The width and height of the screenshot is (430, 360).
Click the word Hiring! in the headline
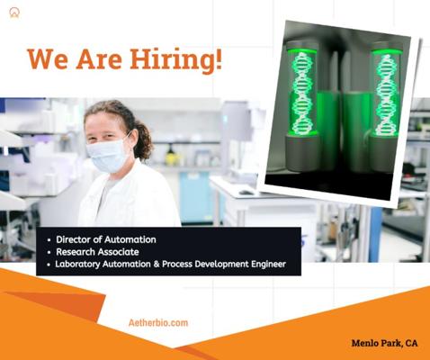pyautogui.click(x=176, y=59)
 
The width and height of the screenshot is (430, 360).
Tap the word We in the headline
pyautogui.click(x=48, y=58)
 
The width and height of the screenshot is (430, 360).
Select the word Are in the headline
pyautogui.click(x=99, y=58)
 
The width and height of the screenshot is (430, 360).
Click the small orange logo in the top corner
pyautogui.click(x=14, y=13)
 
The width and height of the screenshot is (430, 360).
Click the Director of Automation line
pyautogui.click(x=106, y=239)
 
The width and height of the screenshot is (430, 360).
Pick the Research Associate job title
pyautogui.click(x=97, y=252)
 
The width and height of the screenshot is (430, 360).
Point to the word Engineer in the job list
pyautogui.click(x=268, y=265)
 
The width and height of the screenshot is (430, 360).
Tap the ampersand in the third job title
pyautogui.click(x=157, y=264)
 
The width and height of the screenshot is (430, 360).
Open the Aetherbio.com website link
pyautogui.click(x=158, y=323)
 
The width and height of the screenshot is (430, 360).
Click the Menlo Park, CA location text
pyautogui.click(x=384, y=343)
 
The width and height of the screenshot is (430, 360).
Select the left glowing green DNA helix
pyautogui.click(x=303, y=93)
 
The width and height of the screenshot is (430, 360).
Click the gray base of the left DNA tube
pyautogui.click(x=302, y=153)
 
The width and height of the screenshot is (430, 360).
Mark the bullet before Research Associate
pyautogui.click(x=49, y=252)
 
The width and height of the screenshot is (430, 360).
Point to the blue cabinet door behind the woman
pyautogui.click(x=195, y=196)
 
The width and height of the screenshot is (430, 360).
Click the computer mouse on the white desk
pyautogui.click(x=246, y=193)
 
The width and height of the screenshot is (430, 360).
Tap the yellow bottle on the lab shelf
pyautogui.click(x=171, y=156)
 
